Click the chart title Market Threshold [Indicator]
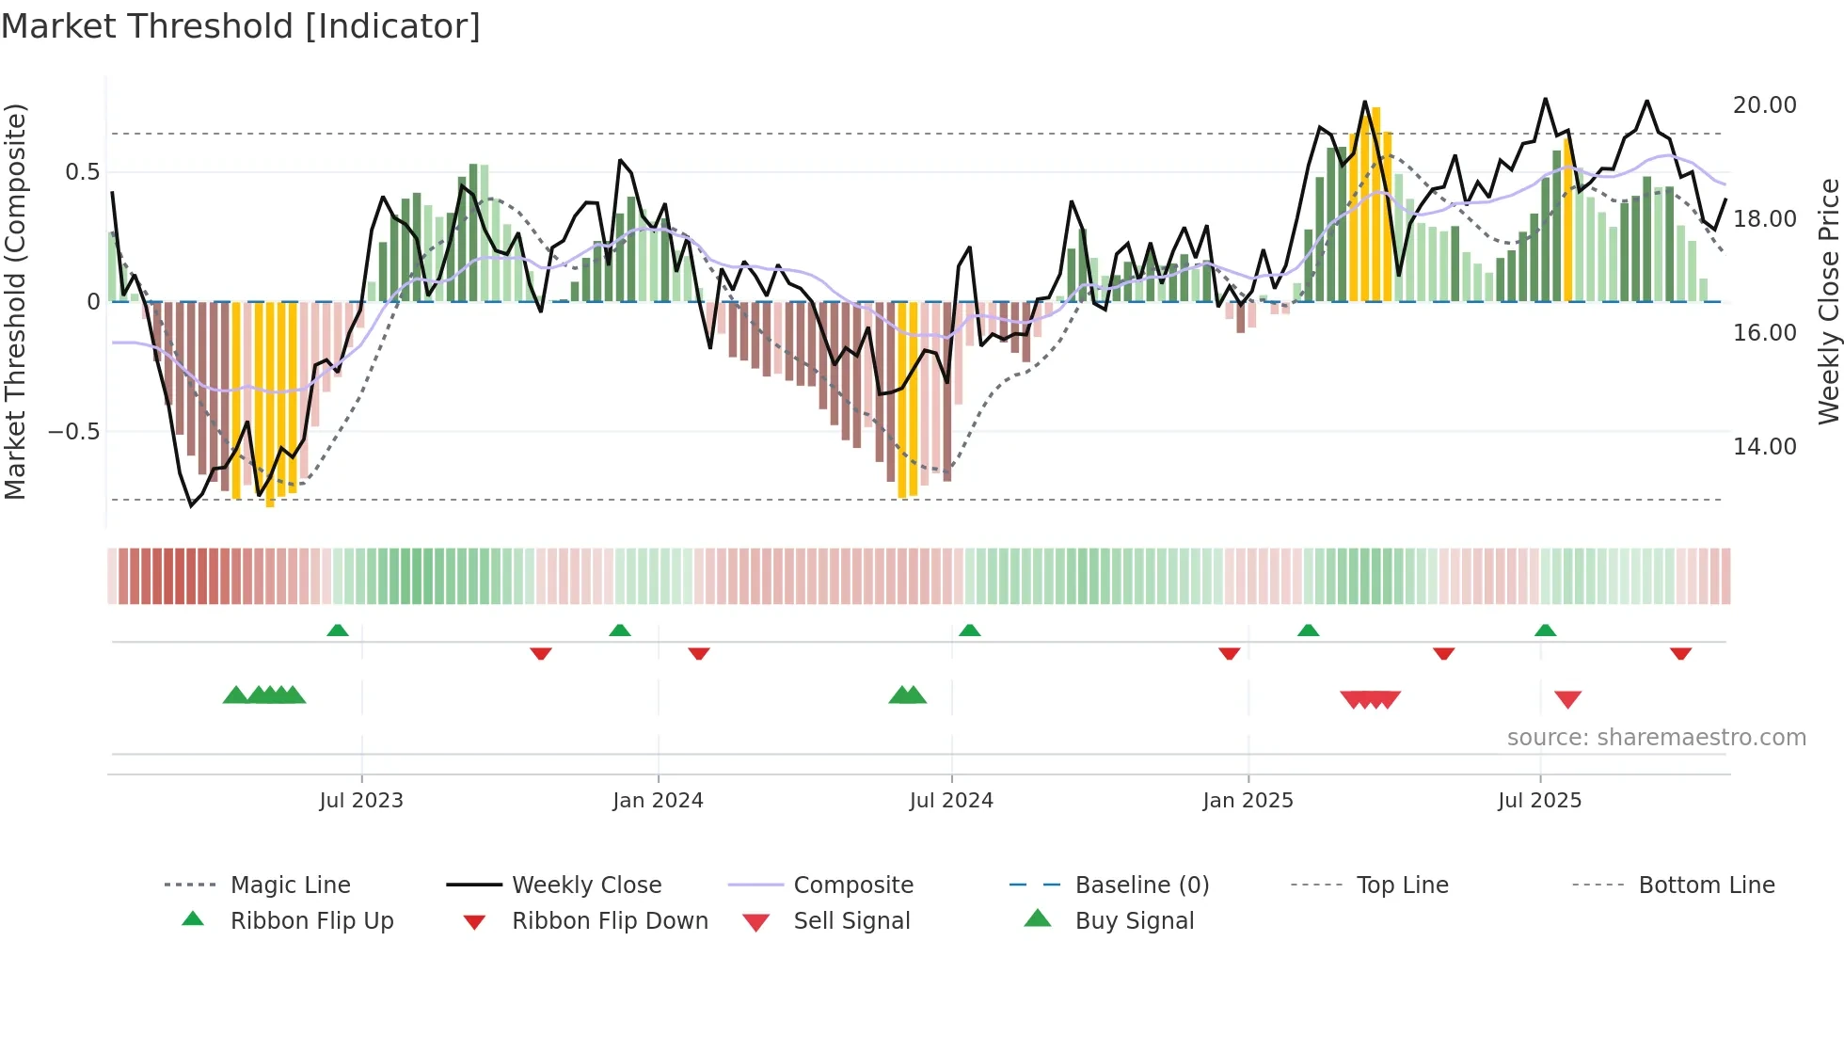241,26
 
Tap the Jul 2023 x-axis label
361,801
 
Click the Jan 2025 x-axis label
1248,801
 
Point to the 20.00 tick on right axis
1764,105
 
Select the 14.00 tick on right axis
1764,447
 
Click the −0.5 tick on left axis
73,432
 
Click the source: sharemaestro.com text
1656,738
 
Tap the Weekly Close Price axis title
1828,301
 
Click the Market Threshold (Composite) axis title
15,301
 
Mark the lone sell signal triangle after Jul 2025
1567,699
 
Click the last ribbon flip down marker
1680,653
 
